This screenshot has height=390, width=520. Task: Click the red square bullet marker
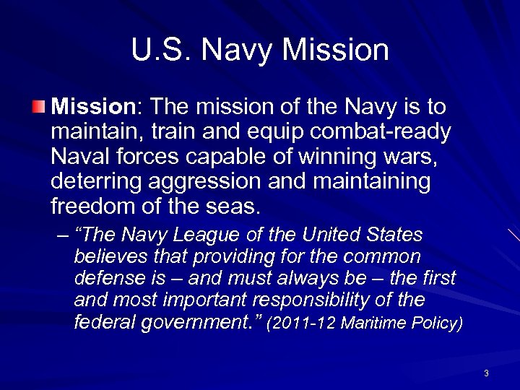[38, 108]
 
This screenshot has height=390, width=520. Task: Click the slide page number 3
[487, 373]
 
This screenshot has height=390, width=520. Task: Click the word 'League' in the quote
[208, 236]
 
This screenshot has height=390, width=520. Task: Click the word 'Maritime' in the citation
[380, 322]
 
